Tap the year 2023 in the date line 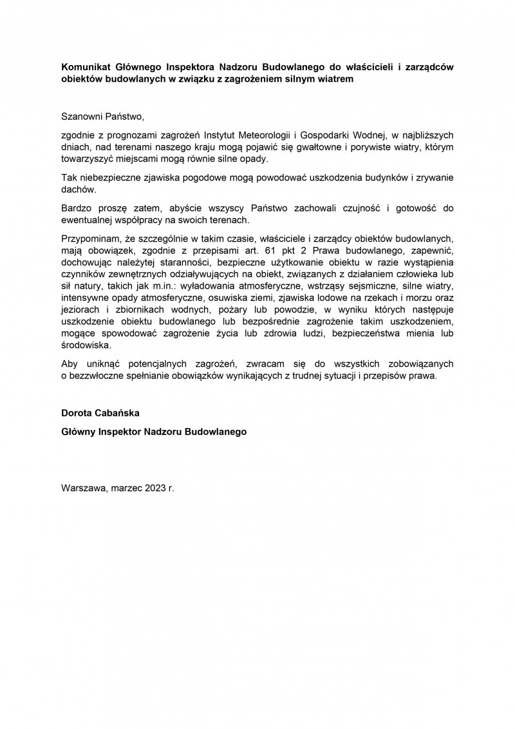click(155, 489)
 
